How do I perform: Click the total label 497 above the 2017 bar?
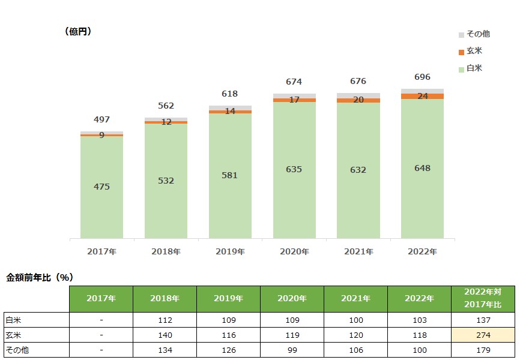tap(101, 119)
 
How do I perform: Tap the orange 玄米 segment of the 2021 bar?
tap(358, 100)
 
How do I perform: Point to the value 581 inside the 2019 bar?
tap(230, 175)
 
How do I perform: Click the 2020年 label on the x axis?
tap(294, 251)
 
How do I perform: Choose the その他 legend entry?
tap(478, 34)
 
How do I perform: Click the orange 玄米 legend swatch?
tap(461, 52)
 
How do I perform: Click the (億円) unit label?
tap(78, 32)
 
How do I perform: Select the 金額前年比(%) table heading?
tap(40, 277)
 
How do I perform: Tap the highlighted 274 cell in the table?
tap(483, 335)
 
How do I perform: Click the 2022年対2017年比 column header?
tap(483, 299)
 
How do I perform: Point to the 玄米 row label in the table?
tap(13, 335)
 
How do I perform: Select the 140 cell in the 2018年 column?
tap(166, 335)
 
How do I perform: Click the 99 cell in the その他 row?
tap(292, 350)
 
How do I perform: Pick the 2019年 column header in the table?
tap(229, 299)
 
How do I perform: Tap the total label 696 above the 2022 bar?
tap(423, 77)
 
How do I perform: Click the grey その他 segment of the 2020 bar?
tap(294, 96)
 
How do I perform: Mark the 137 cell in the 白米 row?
tap(483, 320)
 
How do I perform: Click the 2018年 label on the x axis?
tap(166, 251)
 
